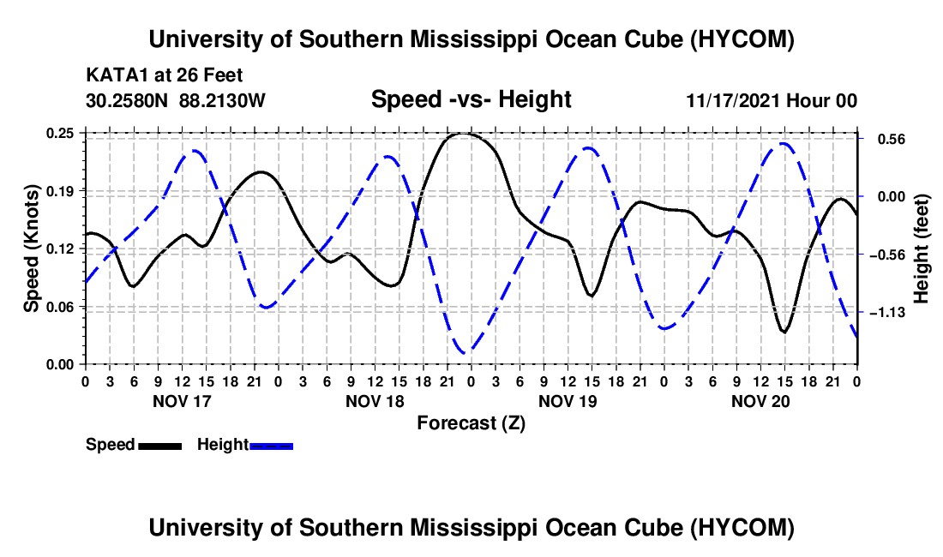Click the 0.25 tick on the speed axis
[x=59, y=134]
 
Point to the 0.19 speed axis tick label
[x=59, y=192]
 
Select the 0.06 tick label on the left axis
[x=59, y=307]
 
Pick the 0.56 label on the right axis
[x=892, y=140]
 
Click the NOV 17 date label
[x=183, y=401]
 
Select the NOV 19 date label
[x=568, y=401]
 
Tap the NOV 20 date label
[x=760, y=401]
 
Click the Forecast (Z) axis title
[x=471, y=423]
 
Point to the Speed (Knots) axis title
[x=31, y=249]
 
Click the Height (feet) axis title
[x=921, y=249]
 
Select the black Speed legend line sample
[x=160, y=446]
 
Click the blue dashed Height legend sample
[x=271, y=446]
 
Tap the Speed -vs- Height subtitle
[x=471, y=99]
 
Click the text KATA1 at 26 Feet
[x=165, y=75]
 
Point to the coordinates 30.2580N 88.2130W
[x=176, y=100]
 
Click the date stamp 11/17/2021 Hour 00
[x=772, y=100]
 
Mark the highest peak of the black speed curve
[x=463, y=134]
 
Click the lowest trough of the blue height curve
[x=466, y=353]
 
